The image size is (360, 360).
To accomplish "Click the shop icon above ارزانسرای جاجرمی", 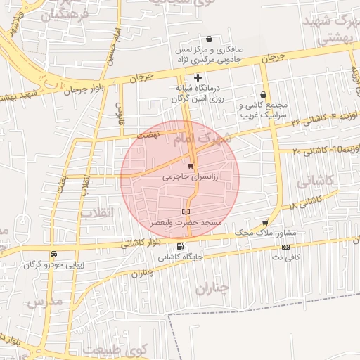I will point(191,166).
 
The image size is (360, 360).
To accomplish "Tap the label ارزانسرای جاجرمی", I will point(191,179).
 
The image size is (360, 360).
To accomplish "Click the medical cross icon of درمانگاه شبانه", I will point(198,77).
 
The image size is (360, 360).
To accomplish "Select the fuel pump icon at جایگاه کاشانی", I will point(181,247).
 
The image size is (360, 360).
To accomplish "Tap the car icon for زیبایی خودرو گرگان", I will point(53,254).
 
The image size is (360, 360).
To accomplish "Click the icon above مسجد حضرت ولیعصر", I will point(186,211).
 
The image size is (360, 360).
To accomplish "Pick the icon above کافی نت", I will point(285,247).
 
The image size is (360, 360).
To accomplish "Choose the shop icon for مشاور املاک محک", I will point(265,222).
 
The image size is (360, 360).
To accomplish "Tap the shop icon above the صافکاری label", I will point(209,40).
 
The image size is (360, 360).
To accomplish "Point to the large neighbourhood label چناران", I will point(212,287).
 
